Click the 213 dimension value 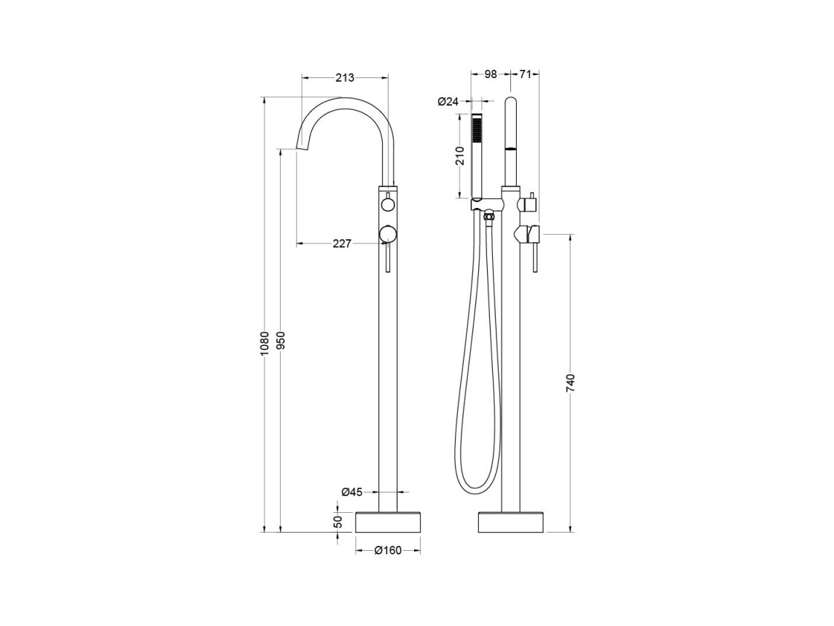tap(345, 78)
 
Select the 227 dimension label tap(342, 243)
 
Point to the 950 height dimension tap(281, 341)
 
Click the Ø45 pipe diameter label tap(352, 492)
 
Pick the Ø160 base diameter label tap(388, 551)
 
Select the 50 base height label tap(338, 522)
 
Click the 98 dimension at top tap(491, 74)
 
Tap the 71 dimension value tap(525, 74)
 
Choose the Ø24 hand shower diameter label tap(448, 101)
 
